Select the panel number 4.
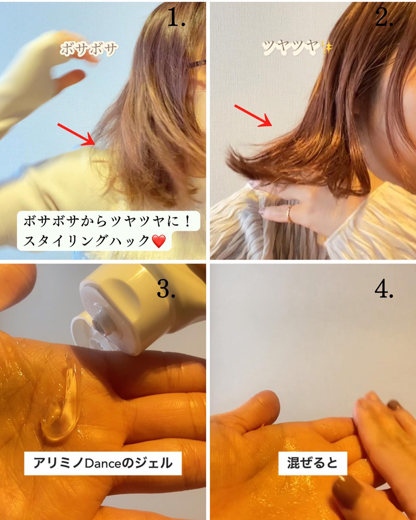click(384, 289)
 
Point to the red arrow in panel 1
click(77, 134)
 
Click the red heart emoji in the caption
click(159, 241)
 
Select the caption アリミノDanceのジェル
click(103, 463)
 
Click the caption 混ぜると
click(312, 463)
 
